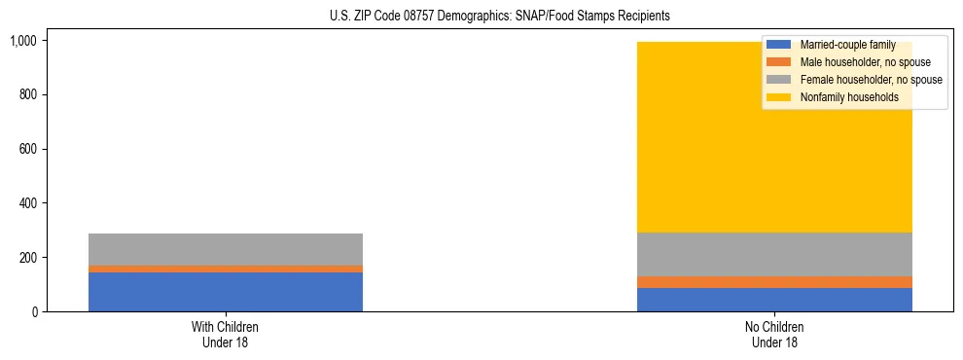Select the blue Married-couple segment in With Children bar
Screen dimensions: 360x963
point(226,292)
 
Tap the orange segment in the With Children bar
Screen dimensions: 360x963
point(226,269)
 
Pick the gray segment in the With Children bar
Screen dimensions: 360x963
point(226,249)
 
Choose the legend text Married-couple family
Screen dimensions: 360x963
point(847,45)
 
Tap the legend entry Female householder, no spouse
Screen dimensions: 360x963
point(871,80)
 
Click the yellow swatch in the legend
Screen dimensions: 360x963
point(779,97)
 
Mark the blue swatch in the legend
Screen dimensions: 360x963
point(779,45)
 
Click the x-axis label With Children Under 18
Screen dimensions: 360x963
point(226,335)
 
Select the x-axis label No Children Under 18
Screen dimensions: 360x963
point(774,335)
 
